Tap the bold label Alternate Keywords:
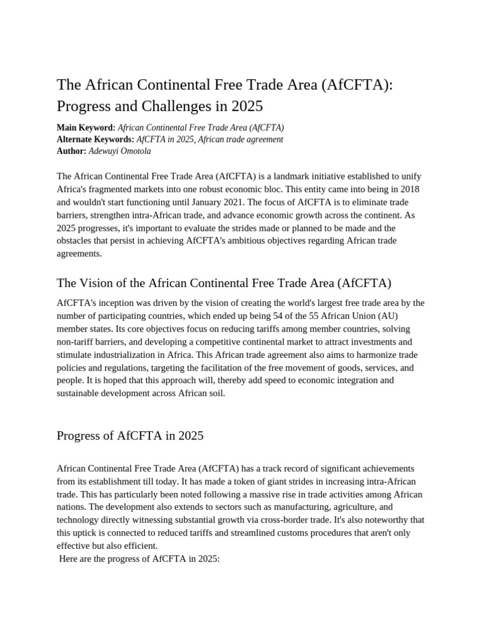click(x=95, y=139)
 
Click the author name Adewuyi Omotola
click(x=120, y=151)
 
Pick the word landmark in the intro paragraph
click(x=287, y=176)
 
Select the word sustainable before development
click(x=82, y=394)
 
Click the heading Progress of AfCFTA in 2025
click(x=130, y=435)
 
